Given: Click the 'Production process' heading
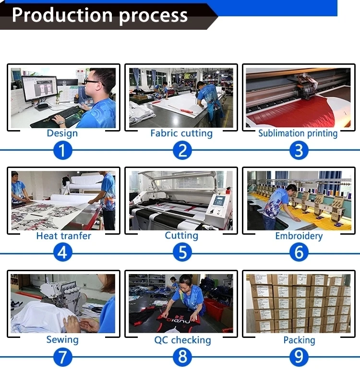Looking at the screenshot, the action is [x=100, y=15].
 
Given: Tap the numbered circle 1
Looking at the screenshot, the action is [x=63, y=150].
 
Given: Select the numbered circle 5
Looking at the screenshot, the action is [x=182, y=252].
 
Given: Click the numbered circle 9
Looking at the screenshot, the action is [x=299, y=357].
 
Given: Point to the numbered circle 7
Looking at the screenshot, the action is [x=63, y=357].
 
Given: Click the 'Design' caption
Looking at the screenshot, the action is [x=62, y=133].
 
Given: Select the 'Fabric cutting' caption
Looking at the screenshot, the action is [x=181, y=133].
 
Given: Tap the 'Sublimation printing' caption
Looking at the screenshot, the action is [x=298, y=133].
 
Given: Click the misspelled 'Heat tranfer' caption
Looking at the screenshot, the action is [x=64, y=236].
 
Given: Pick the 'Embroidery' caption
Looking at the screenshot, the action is [x=299, y=236].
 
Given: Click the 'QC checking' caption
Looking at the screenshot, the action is [x=182, y=340].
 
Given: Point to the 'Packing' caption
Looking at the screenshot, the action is [x=299, y=340].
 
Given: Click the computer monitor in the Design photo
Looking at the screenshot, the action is [x=40, y=89].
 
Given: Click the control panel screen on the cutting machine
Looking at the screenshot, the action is [x=219, y=200].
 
